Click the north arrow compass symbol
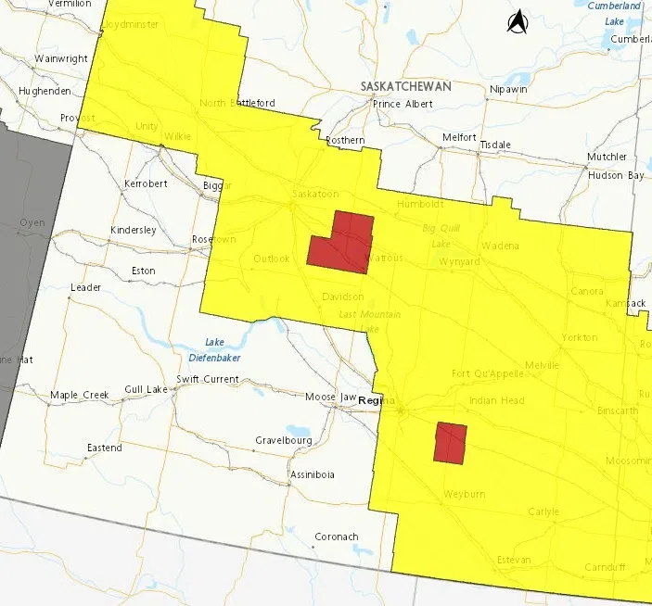click(517, 21)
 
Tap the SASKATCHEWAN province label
click(405, 86)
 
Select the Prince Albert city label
click(401, 104)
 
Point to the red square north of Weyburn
click(451, 443)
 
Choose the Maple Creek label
click(80, 395)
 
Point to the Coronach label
click(336, 537)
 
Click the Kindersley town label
click(134, 230)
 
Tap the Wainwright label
click(60, 58)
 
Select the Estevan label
click(513, 560)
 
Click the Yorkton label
click(579, 337)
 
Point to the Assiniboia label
click(313, 474)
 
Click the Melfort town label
click(459, 137)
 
